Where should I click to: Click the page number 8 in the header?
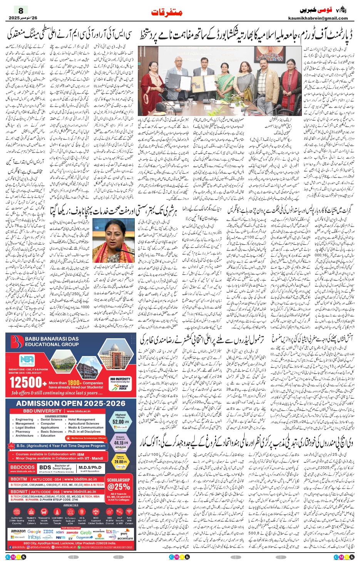coord(21,11)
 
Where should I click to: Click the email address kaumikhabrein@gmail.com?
coord(318,18)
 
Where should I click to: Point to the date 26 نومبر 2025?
coord(23,18)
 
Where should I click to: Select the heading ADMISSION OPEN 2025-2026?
coord(71,403)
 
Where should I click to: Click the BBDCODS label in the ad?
coord(23,467)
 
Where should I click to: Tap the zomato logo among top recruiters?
coord(72,532)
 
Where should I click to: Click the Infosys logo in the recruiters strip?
coord(34,537)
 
